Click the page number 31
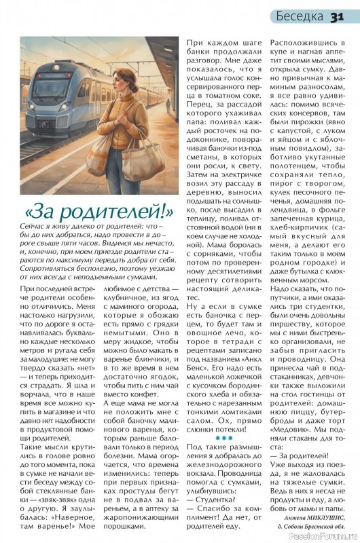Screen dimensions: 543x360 (x=340, y=16)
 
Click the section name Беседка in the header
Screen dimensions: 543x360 (x=300, y=16)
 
